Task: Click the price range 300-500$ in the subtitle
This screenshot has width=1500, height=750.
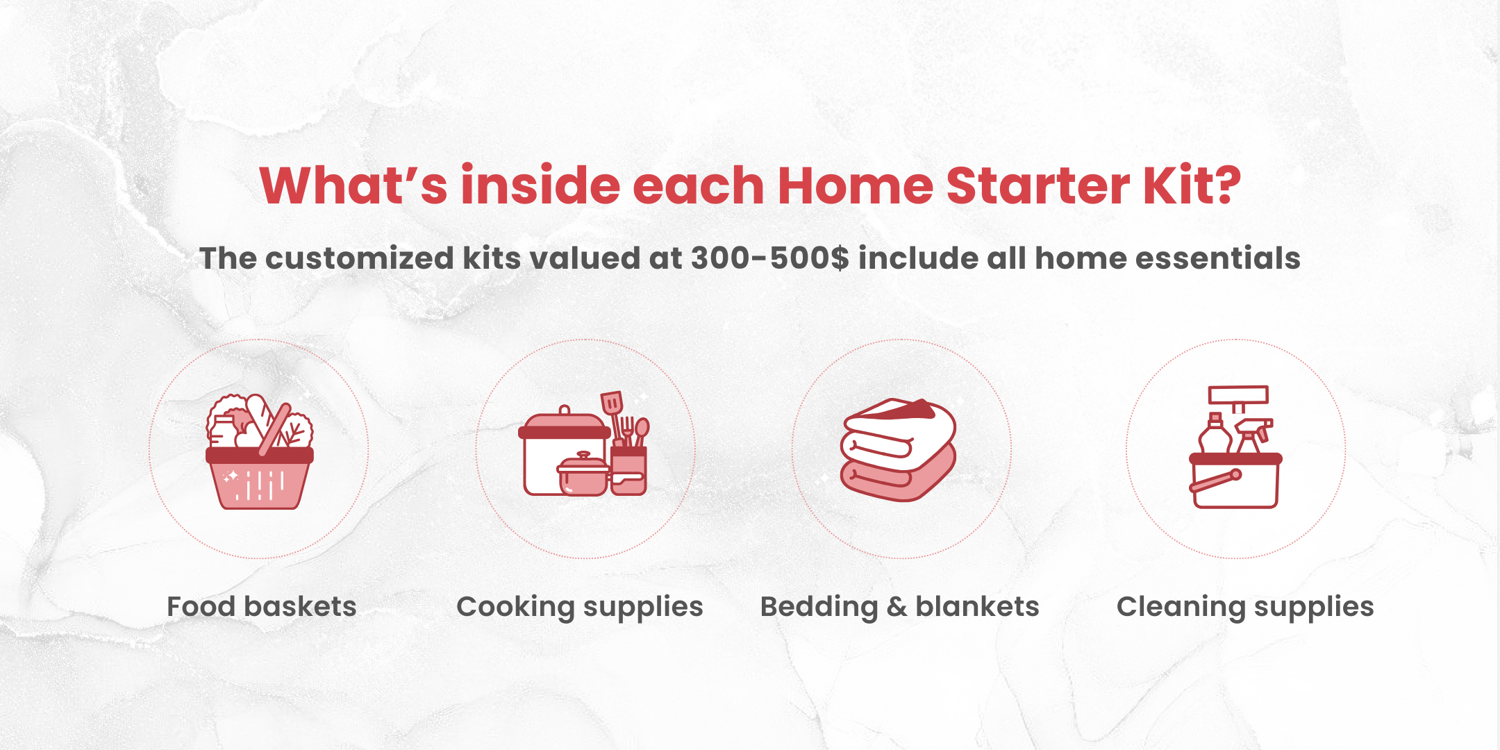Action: click(769, 258)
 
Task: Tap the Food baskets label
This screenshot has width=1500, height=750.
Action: click(262, 606)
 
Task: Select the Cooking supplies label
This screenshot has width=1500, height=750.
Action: click(580, 606)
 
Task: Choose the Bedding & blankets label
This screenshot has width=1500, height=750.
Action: click(900, 606)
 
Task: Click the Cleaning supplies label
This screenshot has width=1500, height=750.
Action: click(1245, 606)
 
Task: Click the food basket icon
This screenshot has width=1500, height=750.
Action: click(259, 451)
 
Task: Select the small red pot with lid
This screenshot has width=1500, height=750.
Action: click(583, 475)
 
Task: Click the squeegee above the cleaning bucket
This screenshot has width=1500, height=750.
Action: click(1238, 396)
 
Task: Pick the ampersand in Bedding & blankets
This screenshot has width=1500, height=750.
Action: click(897, 606)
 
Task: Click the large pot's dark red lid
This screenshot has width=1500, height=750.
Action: click(564, 431)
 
